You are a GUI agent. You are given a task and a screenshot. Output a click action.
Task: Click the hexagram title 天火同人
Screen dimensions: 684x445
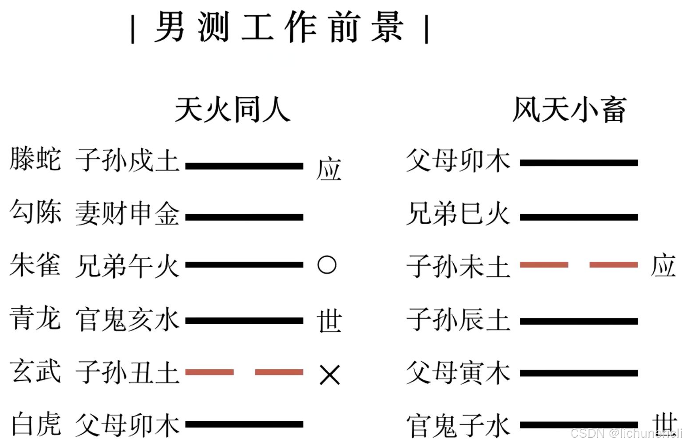(233, 109)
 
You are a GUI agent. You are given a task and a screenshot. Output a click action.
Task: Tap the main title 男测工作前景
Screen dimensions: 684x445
(279, 27)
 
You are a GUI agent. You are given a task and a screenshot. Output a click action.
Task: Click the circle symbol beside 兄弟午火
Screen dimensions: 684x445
(326, 265)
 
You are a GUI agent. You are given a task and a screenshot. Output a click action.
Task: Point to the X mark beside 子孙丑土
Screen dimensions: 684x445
(329, 374)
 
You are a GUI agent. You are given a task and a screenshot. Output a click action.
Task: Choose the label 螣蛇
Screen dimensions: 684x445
(35, 160)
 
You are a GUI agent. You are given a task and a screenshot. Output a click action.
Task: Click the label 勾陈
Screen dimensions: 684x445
(35, 212)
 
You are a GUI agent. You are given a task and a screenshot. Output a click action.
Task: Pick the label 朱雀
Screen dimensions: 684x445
(35, 265)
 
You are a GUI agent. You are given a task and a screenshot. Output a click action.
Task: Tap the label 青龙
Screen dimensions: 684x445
(35, 318)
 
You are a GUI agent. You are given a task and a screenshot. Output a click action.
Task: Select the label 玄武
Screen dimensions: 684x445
(35, 371)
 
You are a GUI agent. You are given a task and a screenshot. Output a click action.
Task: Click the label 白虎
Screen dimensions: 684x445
(35, 424)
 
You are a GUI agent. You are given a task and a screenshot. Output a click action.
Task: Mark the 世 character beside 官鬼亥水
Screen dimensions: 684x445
(329, 321)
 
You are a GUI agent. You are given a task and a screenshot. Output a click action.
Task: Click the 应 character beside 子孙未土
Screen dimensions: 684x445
(663, 265)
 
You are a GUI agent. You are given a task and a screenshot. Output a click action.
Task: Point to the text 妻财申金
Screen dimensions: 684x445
(127, 214)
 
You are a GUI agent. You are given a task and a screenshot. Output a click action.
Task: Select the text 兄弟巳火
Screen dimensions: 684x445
(458, 214)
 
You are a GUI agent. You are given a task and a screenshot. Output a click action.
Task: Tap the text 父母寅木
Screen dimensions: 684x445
(458, 373)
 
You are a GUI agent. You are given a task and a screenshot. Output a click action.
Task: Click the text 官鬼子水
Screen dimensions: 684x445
(458, 426)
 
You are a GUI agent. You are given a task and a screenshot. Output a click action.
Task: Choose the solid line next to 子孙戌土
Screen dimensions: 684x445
(244, 166)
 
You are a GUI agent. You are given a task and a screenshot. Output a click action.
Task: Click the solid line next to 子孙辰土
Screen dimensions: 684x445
(579, 321)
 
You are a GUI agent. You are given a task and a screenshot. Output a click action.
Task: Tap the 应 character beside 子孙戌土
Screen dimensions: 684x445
(329, 169)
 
